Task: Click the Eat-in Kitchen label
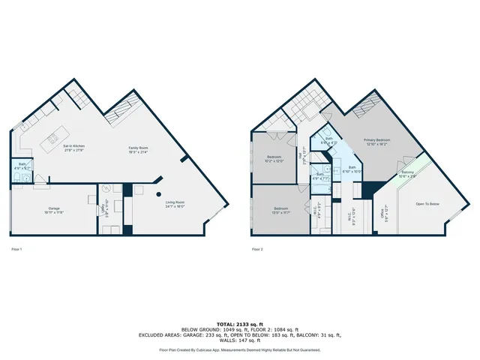tap(73, 146)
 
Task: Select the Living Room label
tap(174, 202)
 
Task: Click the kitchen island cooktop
tap(53, 139)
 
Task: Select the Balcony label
tap(408, 174)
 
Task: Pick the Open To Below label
tap(427, 203)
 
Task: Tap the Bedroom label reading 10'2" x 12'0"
tap(275, 159)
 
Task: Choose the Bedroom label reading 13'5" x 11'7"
tap(277, 209)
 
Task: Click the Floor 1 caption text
tap(16, 248)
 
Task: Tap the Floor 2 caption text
tap(257, 248)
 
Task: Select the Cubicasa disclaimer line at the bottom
tap(240, 349)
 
